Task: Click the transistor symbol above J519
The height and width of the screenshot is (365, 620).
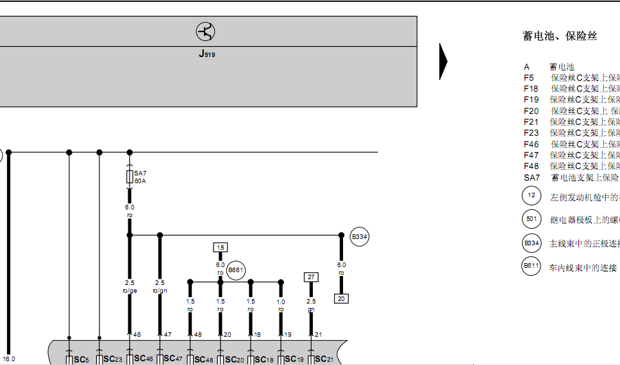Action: pos(206,31)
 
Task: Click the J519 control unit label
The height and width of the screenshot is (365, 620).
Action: pos(206,54)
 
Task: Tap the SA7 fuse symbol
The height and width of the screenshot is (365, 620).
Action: pos(130,175)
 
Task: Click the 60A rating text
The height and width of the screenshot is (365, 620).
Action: pos(140,181)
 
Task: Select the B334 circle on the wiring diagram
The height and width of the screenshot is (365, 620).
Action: pos(360,237)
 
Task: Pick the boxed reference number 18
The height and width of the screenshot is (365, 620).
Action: pos(221,247)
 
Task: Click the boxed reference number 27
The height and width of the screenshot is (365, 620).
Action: pos(312,277)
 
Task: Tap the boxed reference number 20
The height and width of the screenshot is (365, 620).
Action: pos(341,298)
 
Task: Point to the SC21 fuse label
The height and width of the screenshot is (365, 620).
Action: pos(324,359)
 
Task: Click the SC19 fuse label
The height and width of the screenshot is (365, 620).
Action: pos(294,359)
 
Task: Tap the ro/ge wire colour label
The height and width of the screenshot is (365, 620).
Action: pos(130,290)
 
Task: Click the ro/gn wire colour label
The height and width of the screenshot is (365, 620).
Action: pos(160,290)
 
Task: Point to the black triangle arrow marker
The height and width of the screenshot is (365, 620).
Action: pos(443,61)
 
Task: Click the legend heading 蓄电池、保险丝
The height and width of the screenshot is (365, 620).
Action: pos(560,36)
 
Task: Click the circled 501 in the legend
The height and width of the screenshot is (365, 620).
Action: pos(531,219)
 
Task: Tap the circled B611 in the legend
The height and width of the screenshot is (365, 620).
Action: pos(531,266)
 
